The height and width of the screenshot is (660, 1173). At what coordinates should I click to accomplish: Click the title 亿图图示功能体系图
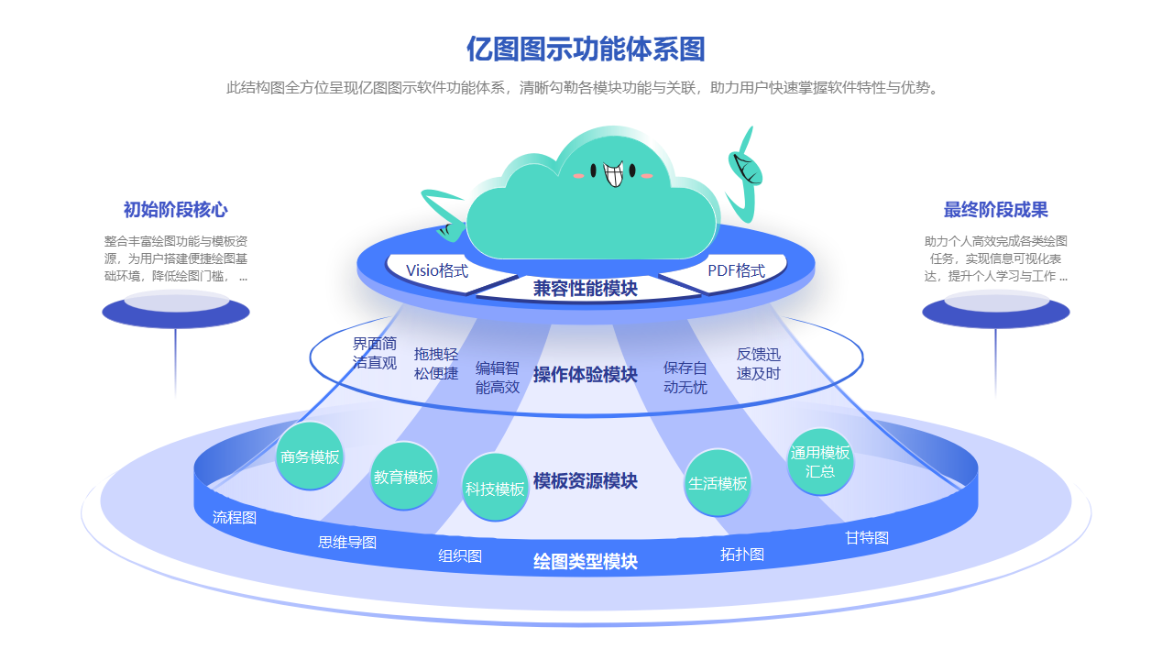[586, 49]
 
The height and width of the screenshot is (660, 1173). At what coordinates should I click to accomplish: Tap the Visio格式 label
[437, 270]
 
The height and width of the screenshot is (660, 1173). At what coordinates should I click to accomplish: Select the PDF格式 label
[736, 270]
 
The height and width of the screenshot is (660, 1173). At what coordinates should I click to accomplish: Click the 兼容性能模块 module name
[586, 289]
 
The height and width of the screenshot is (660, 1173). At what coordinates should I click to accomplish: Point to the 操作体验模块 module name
[586, 374]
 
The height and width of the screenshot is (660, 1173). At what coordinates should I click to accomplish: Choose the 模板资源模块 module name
[586, 480]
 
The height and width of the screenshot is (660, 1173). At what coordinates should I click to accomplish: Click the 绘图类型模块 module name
[586, 561]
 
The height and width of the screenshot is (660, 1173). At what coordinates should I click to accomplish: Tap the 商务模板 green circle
[310, 456]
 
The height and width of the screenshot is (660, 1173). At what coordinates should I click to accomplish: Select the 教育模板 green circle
[403, 477]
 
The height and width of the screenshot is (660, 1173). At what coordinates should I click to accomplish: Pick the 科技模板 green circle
[495, 489]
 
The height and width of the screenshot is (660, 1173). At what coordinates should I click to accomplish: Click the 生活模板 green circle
[718, 483]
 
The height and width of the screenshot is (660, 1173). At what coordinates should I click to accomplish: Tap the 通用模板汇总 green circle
[820, 462]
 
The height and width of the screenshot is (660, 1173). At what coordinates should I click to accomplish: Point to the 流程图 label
[235, 517]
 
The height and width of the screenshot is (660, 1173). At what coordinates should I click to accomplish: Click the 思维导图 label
[347, 542]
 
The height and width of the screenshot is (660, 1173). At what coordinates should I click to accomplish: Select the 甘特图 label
[867, 537]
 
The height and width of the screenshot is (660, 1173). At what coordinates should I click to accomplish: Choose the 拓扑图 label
[742, 554]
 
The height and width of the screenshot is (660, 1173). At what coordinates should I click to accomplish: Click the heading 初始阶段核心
[175, 210]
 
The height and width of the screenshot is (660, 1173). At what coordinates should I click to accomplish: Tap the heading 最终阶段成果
[995, 210]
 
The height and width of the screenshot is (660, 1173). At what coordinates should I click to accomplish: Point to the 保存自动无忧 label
[685, 377]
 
